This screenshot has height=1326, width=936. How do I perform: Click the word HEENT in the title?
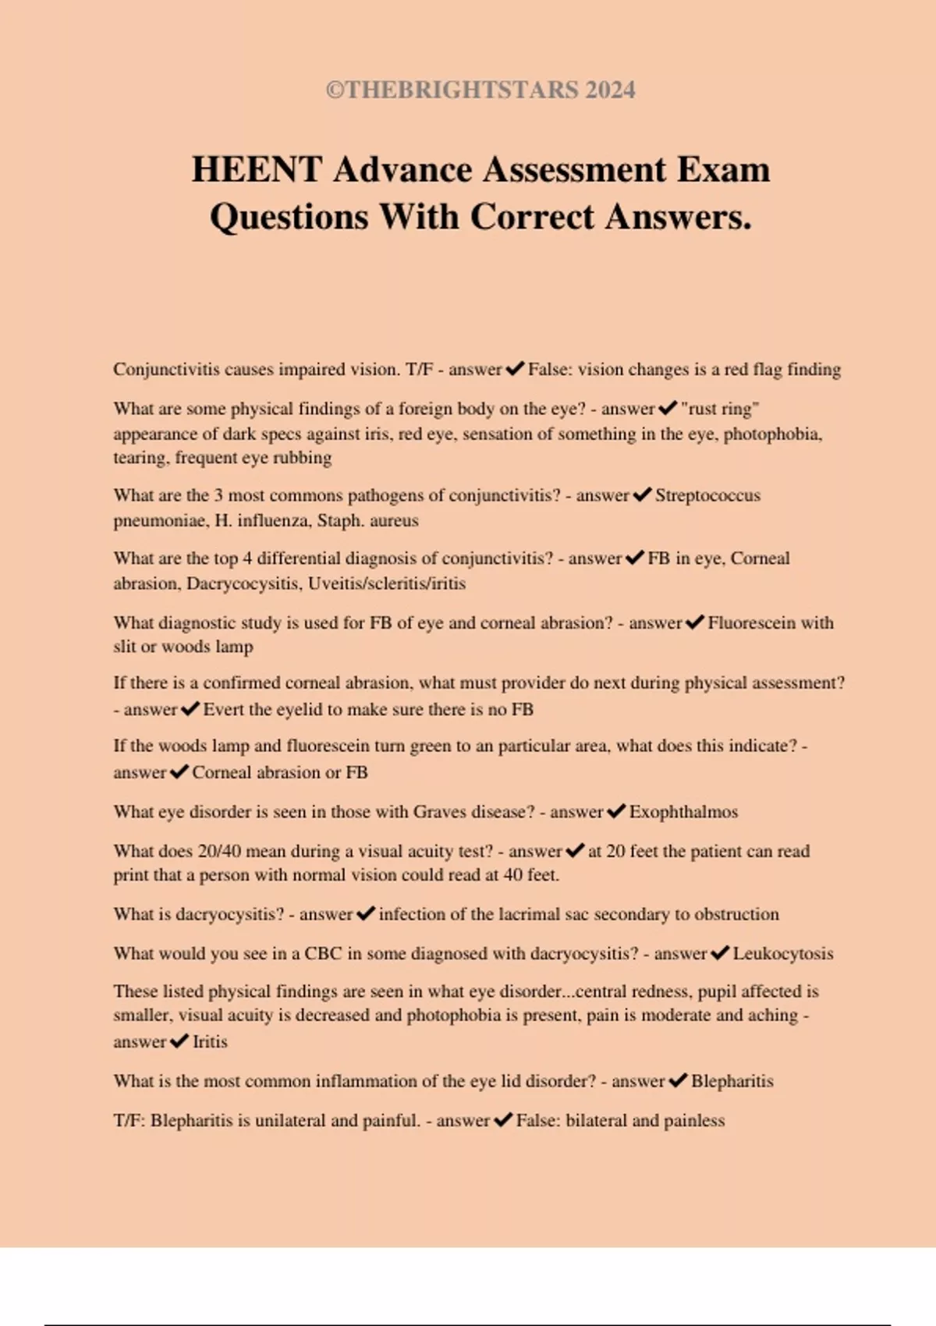[x=257, y=169]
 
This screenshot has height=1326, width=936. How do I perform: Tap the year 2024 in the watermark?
[x=610, y=90]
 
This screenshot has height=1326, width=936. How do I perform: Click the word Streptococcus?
[x=707, y=495]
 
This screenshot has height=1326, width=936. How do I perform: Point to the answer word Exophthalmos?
[x=683, y=812]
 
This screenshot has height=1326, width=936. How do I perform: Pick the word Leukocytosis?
[x=782, y=953]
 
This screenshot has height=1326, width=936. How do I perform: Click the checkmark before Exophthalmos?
[x=616, y=811]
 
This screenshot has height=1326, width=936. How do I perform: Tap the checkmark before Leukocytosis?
[x=720, y=952]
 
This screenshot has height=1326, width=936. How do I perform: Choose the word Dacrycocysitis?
[x=243, y=583]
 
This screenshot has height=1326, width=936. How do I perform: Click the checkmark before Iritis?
[x=179, y=1041]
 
